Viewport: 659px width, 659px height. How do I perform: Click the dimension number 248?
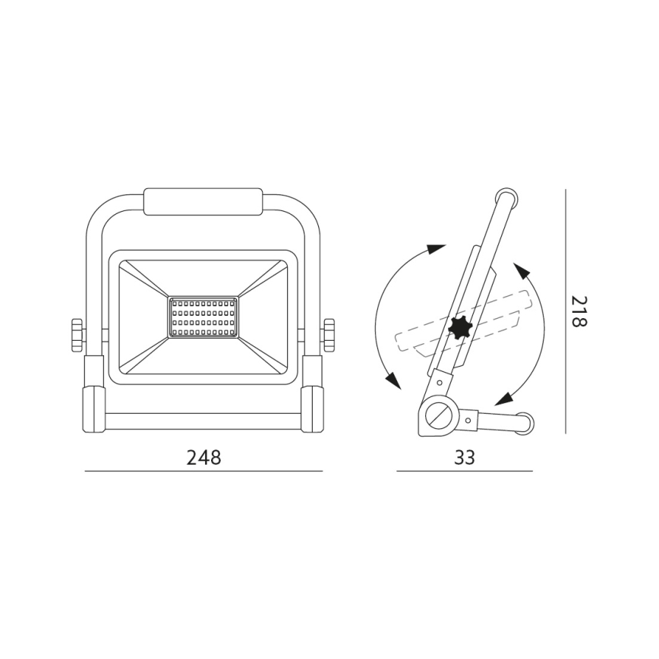pyautogui.click(x=203, y=457)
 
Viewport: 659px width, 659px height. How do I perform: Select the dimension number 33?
pyautogui.click(x=465, y=457)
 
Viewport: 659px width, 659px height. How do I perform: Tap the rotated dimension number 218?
pyautogui.click(x=579, y=311)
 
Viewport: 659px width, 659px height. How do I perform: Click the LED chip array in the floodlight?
pyautogui.click(x=203, y=317)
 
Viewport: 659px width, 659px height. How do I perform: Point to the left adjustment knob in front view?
pyautogui.click(x=77, y=335)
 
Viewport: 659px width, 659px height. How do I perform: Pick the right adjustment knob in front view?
pyautogui.click(x=329, y=335)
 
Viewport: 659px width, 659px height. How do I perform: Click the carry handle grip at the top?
pyautogui.click(x=203, y=202)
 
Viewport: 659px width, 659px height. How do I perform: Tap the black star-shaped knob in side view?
pyautogui.click(x=460, y=326)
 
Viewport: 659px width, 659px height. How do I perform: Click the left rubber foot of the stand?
pyautogui.click(x=93, y=409)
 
